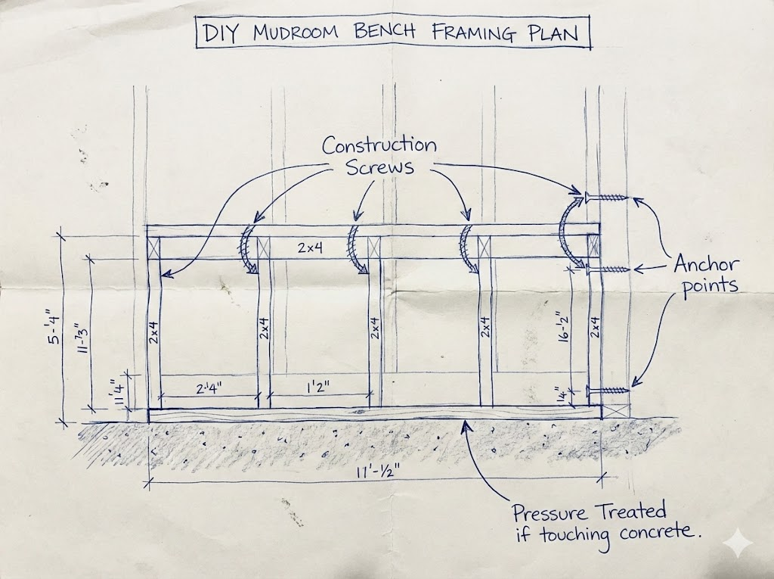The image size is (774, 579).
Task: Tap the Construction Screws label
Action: pos(379,155)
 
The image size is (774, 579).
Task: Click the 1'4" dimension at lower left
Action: pos(116,392)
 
